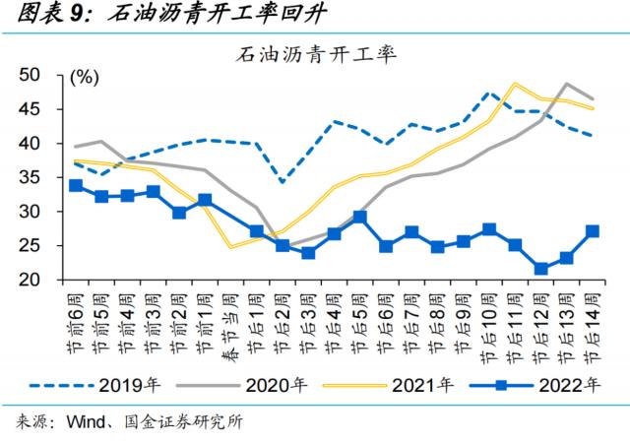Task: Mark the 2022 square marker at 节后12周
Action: (x=540, y=269)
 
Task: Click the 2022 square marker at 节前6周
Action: (x=77, y=185)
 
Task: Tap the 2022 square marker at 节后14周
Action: (x=592, y=231)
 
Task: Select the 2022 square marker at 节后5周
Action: (x=360, y=217)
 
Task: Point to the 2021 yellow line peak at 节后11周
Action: (x=515, y=84)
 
